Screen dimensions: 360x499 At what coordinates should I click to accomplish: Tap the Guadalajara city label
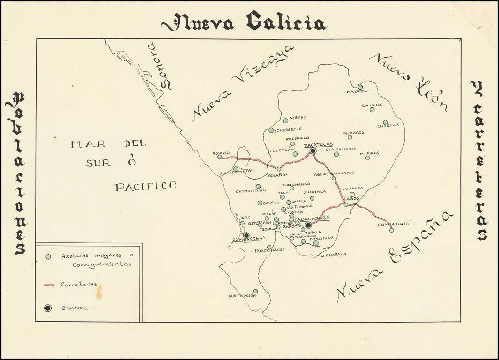tap(310, 218)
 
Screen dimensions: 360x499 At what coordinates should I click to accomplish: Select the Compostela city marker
tap(246, 235)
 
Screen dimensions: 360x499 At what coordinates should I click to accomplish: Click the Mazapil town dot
tap(360, 87)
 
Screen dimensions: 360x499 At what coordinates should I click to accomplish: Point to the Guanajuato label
tap(394, 224)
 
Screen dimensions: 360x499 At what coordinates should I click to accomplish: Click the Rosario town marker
tap(219, 157)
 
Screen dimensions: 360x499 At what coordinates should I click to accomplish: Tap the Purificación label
tap(242, 296)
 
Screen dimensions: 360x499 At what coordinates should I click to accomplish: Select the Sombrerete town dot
tap(271, 130)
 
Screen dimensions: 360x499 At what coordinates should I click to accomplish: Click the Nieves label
tap(298, 117)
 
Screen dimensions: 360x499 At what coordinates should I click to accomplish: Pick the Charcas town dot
tap(385, 122)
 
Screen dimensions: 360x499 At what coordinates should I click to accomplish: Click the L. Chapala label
tap(334, 255)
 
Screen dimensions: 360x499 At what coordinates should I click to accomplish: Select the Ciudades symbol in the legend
tap(48, 308)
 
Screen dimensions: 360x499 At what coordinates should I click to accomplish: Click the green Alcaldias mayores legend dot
tap(48, 256)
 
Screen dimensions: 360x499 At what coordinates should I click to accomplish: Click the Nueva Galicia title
tap(244, 22)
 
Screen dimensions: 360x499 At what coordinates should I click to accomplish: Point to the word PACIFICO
tap(145, 186)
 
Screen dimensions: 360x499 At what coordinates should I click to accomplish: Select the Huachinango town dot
tap(269, 247)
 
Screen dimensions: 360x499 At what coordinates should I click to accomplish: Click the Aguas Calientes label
tap(334, 173)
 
